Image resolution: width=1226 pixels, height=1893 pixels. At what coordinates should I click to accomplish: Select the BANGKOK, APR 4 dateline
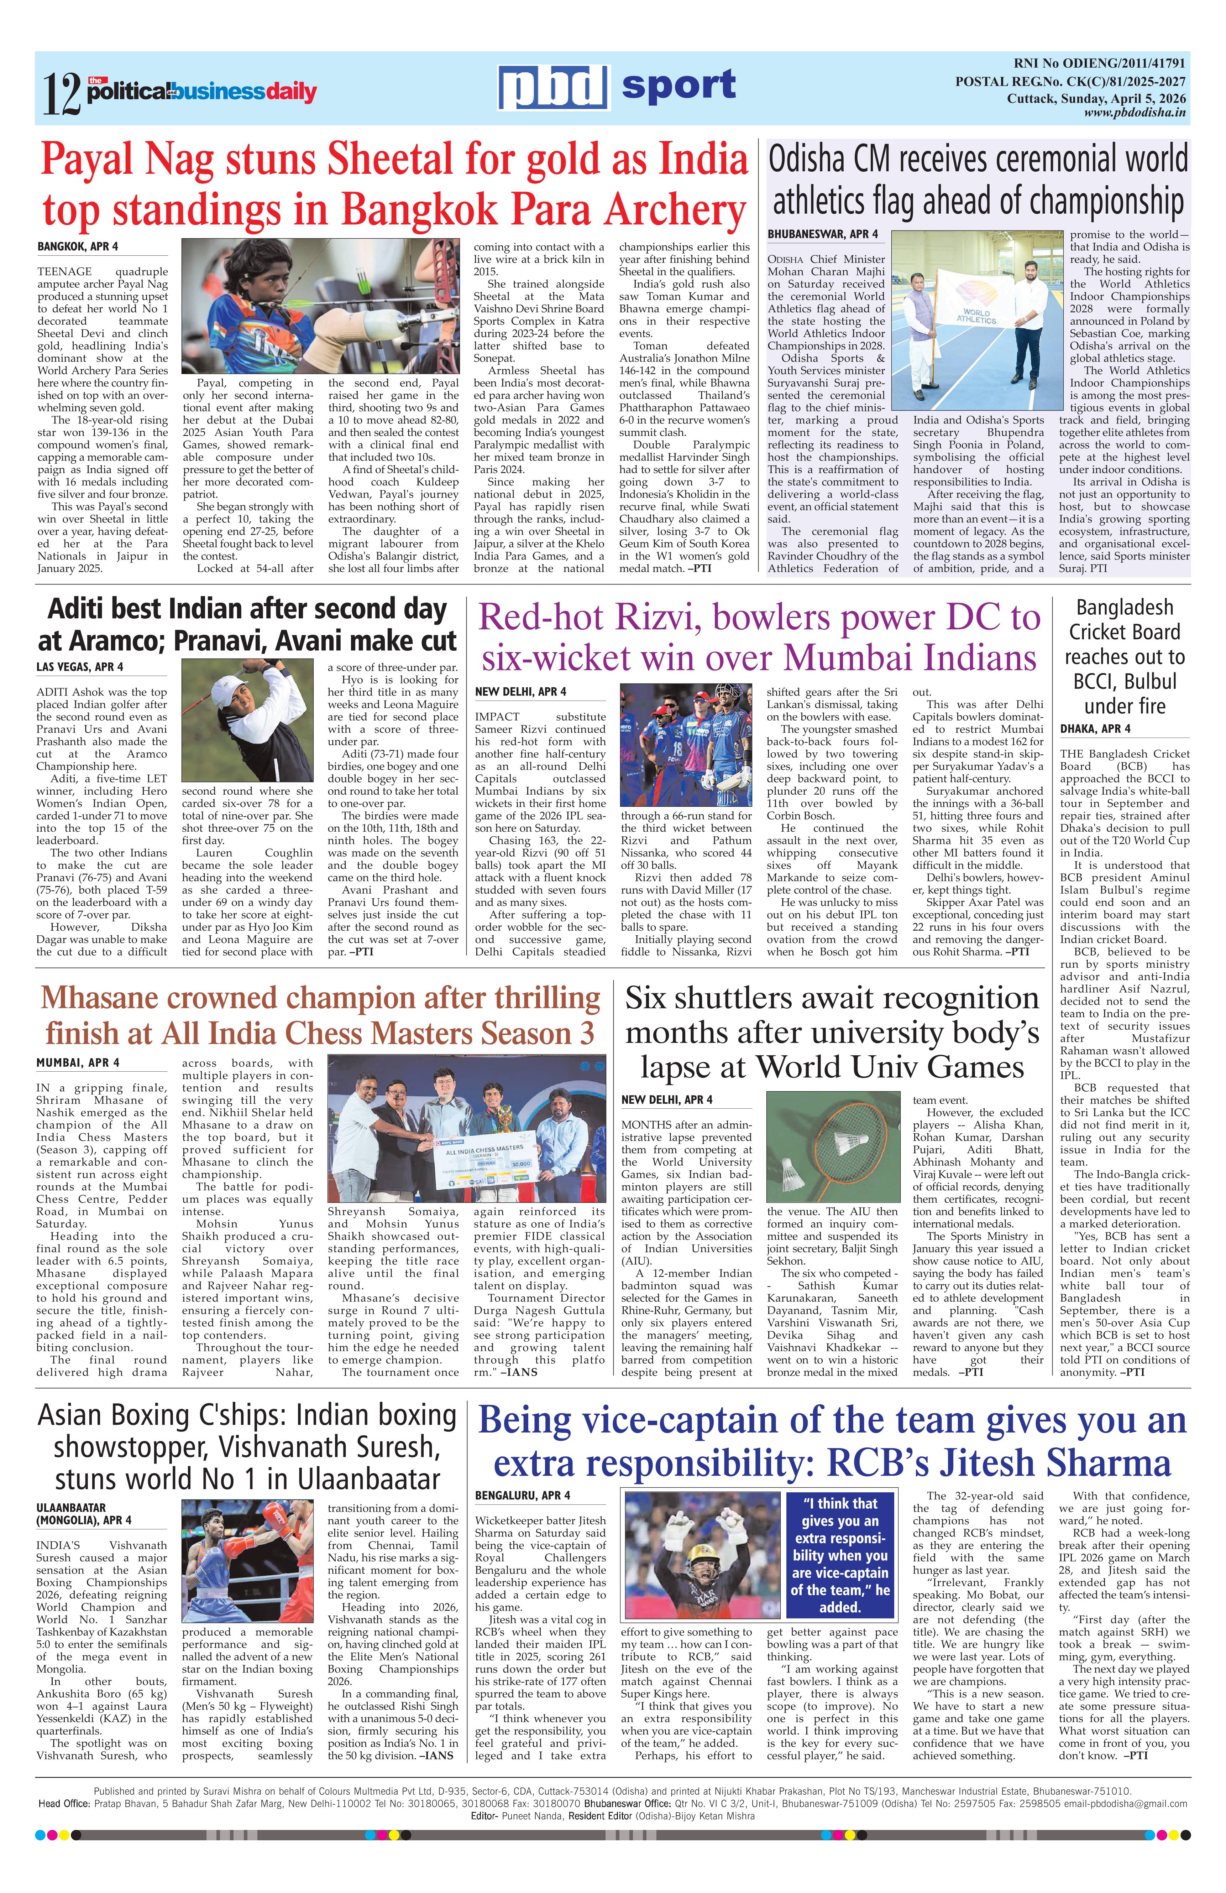pos(78,246)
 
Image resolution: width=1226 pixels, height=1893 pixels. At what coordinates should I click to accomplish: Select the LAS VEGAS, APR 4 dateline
pos(79,666)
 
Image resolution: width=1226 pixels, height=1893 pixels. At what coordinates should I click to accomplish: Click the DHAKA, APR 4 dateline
pos(1095,729)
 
